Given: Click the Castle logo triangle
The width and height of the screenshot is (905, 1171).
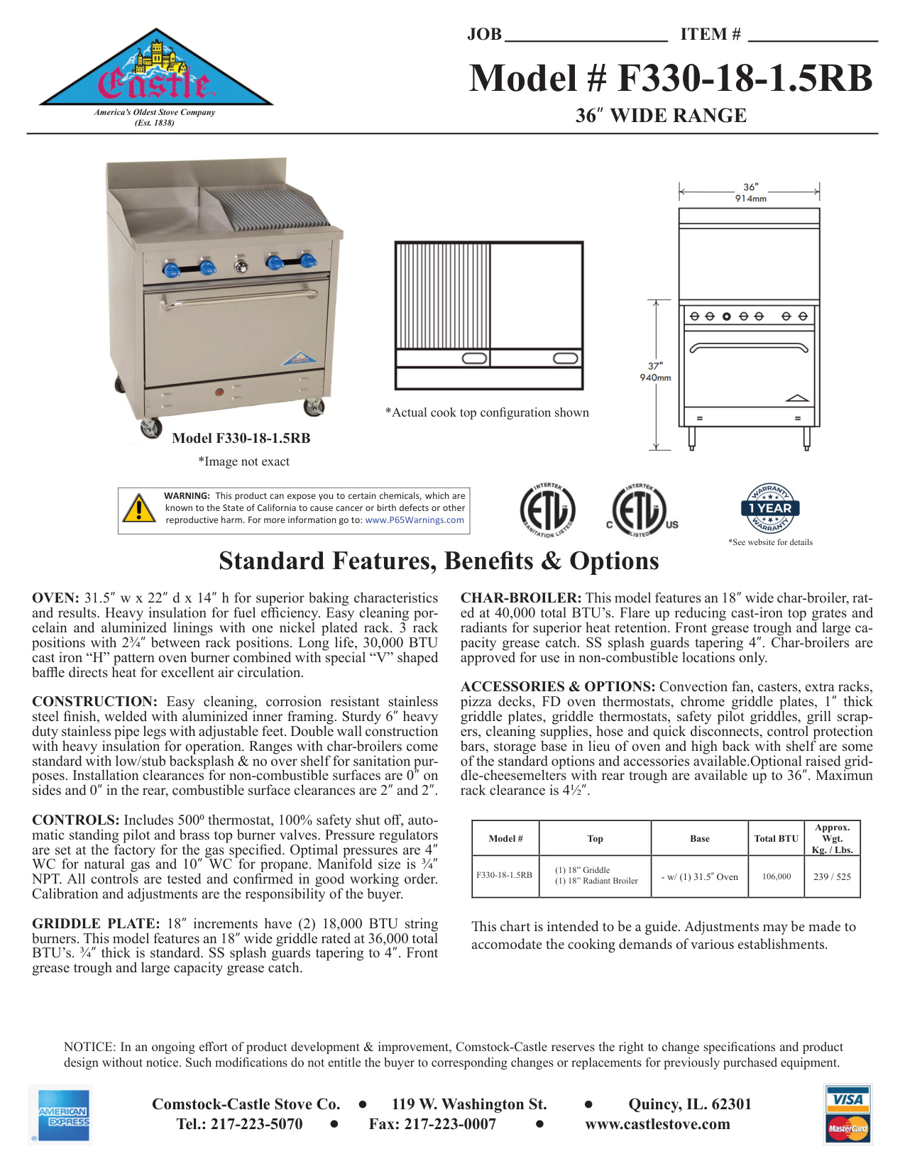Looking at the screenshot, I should [155, 71].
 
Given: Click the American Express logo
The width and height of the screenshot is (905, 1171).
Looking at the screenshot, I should [64, 1115].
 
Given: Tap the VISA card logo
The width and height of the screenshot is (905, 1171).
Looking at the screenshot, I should [848, 1099].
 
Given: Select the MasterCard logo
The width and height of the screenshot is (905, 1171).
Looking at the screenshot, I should [848, 1128].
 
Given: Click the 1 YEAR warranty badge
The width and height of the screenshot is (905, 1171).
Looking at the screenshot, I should [770, 508].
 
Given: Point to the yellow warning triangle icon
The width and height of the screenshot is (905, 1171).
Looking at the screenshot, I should [139, 508].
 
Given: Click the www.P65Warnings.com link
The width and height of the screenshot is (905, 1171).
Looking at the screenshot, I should [415, 520].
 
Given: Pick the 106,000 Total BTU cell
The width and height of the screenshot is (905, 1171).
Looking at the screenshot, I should [777, 876].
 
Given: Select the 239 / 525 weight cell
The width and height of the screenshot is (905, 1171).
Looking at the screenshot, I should [832, 876].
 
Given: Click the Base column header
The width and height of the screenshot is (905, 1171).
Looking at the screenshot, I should [699, 839].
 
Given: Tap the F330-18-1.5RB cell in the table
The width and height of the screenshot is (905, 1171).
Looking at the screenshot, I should [504, 875].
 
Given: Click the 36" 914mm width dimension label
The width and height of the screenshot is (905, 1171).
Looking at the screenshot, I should [750, 192].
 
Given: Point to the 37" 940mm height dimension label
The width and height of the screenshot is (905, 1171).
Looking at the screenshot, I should [655, 372].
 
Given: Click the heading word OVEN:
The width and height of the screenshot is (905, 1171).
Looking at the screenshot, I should [55, 598].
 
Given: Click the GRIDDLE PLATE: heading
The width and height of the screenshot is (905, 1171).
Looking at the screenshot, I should [96, 924].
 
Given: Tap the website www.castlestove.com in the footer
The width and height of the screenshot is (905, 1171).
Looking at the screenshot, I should [657, 1124].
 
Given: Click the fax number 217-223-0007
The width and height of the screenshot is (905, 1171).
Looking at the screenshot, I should [432, 1124].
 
